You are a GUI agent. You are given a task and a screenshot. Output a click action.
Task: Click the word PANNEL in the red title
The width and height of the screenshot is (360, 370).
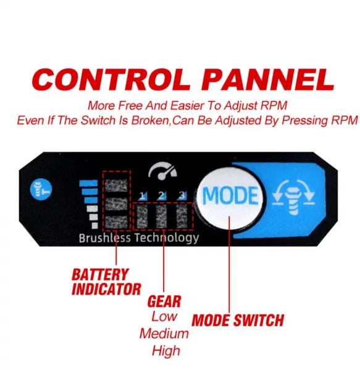(x=267, y=80)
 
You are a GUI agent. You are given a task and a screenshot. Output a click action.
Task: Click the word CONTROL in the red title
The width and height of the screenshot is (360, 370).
(x=111, y=80)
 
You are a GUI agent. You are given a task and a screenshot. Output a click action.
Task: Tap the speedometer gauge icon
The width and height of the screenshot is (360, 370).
(x=162, y=171)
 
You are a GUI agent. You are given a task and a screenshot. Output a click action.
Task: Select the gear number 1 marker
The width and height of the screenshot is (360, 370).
(x=142, y=195)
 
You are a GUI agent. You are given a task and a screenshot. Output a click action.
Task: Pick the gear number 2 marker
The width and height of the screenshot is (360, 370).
(x=162, y=195)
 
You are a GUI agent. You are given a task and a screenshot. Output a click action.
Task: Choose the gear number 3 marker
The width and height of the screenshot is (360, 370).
(x=182, y=195)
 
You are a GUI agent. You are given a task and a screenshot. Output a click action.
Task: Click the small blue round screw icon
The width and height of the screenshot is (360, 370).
(x=41, y=189)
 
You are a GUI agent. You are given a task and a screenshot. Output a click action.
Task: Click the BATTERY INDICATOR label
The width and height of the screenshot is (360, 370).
(x=106, y=282)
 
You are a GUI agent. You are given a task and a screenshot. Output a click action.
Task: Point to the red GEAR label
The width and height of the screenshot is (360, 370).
(x=164, y=302)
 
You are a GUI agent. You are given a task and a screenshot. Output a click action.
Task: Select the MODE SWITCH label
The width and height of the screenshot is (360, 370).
(x=238, y=320)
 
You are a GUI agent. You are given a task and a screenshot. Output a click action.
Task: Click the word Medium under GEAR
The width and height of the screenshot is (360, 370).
(x=164, y=334)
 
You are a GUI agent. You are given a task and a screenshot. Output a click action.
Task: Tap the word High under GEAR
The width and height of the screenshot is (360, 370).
(x=166, y=351)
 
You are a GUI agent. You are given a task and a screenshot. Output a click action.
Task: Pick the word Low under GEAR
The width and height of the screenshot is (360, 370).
(x=164, y=316)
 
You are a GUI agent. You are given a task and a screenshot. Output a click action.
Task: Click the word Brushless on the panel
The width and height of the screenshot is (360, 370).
(x=104, y=238)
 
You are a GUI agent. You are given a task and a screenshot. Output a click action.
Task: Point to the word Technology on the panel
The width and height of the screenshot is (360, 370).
(x=167, y=238)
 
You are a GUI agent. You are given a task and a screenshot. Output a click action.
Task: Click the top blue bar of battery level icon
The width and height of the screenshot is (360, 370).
(x=88, y=183)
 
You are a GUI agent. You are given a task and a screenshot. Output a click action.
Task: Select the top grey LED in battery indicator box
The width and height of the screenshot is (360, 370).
(x=116, y=185)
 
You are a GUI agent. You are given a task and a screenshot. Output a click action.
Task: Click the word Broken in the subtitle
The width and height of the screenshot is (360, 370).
(x=150, y=120)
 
